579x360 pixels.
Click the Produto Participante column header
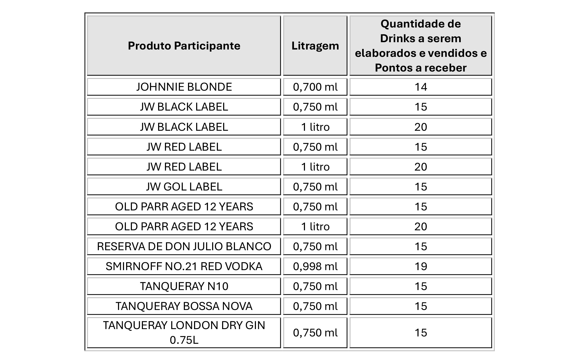184,46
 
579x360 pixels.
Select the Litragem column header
315,46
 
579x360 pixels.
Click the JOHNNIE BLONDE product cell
184,87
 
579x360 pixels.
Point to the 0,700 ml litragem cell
315,87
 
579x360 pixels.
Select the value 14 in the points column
421,87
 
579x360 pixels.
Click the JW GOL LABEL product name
184,187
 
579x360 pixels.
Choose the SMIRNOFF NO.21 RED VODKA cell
184,266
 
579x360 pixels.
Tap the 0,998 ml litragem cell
315,266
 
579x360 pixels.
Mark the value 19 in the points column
421,266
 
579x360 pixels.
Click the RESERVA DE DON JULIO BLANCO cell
184,247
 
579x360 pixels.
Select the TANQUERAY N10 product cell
184,286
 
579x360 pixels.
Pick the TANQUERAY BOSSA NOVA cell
184,306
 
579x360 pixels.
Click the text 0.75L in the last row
184,340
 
